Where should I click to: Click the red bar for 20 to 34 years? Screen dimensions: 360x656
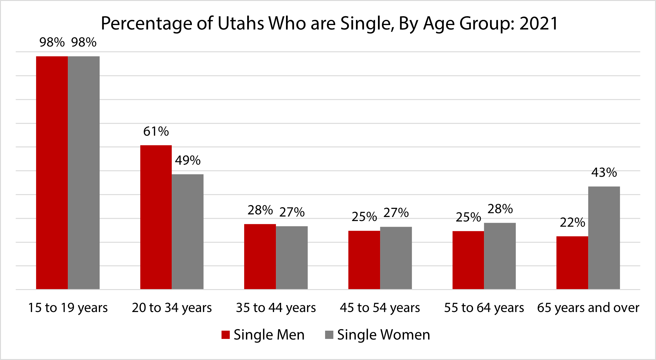[x=156, y=217]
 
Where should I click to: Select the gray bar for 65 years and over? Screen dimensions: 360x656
[x=604, y=238]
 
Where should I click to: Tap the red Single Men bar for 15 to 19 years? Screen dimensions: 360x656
[x=52, y=173]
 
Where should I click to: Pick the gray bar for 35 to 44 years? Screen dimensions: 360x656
[x=292, y=258]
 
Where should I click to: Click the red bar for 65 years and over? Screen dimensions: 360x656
[x=572, y=263]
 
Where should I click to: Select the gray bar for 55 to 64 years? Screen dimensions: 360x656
[x=500, y=256]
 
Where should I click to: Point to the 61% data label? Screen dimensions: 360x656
[x=156, y=132]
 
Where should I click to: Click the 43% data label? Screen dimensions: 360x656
[x=604, y=173]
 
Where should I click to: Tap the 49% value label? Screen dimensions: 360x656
[x=188, y=160]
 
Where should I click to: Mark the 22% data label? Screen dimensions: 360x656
[x=572, y=222]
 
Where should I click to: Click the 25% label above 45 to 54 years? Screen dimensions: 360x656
[x=364, y=217]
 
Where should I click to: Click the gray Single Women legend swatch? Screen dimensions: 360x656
[x=329, y=335]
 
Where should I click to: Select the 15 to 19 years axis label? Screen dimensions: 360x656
[x=68, y=308]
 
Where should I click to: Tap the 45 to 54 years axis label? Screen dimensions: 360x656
[x=380, y=308]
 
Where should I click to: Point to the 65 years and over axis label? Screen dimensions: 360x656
[x=588, y=308]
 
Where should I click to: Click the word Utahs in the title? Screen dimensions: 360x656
[x=240, y=24]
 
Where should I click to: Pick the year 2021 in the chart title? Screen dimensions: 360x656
[x=539, y=24]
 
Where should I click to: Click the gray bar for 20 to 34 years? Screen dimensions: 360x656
[x=188, y=232]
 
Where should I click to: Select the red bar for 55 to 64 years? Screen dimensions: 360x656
[x=468, y=260]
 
